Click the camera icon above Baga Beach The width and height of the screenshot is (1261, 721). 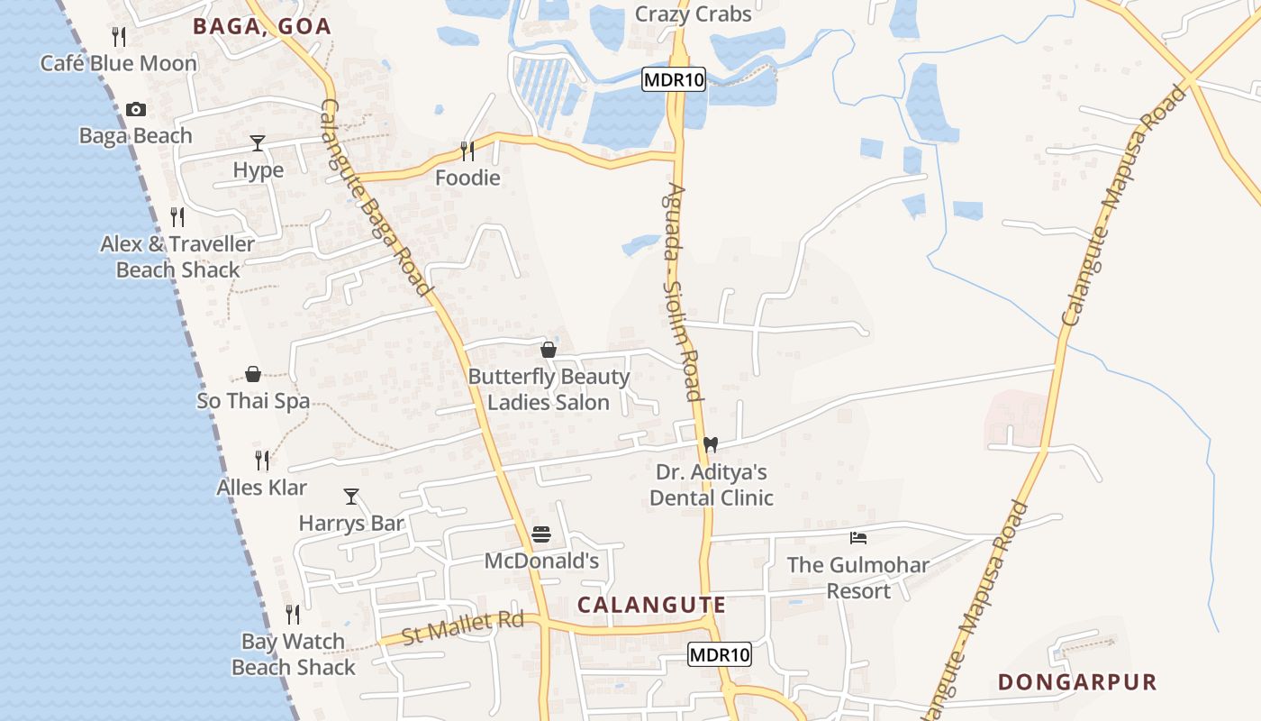point(136,109)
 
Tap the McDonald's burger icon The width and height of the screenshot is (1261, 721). point(540,534)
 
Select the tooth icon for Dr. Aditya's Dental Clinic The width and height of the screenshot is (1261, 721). point(710,444)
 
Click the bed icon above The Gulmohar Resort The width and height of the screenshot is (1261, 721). point(858,538)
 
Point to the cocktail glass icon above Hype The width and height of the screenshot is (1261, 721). point(258,143)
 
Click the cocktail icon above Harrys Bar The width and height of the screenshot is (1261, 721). point(351,497)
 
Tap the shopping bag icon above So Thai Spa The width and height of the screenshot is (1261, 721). point(253,374)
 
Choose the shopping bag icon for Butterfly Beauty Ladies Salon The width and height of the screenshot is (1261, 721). point(548,350)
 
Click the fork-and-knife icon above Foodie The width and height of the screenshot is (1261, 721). point(467,151)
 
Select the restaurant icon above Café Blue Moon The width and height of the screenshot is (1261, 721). point(118,36)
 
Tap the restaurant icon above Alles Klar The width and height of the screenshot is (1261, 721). point(262,461)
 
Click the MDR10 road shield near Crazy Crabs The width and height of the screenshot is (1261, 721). point(674,80)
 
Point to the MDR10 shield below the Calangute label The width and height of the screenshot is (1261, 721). point(719,654)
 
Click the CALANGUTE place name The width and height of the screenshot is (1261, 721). point(651,604)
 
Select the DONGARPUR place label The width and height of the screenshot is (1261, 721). point(1076,681)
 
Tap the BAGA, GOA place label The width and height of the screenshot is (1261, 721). point(262,26)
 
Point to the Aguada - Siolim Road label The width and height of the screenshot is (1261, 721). point(681,293)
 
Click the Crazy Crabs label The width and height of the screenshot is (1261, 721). point(693,14)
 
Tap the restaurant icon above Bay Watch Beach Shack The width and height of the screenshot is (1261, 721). point(293,615)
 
